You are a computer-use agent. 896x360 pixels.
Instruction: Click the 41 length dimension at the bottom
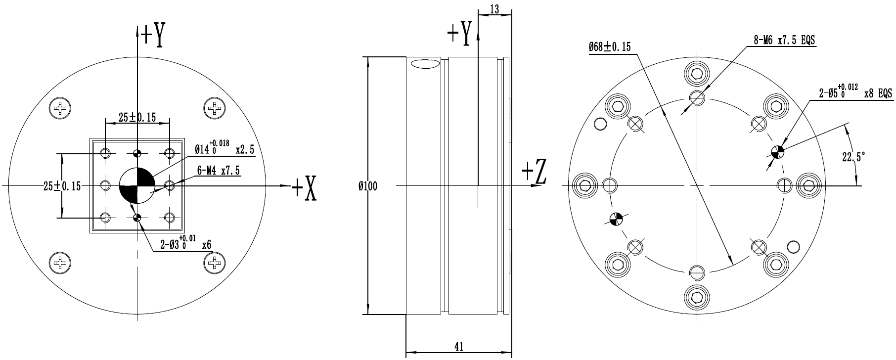[x=458, y=347]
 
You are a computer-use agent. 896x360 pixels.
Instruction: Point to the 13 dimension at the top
[x=494, y=8]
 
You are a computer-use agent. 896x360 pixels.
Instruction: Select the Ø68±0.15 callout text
[x=610, y=47]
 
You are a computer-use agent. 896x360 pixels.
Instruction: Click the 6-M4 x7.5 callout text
[x=219, y=171]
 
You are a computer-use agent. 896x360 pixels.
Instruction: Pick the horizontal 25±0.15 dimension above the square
[x=137, y=117]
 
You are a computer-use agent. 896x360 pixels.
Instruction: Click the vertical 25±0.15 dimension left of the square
[x=62, y=186]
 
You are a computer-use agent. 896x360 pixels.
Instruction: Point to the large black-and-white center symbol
[x=137, y=185]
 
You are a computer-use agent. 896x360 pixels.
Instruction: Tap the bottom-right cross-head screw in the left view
[x=215, y=262]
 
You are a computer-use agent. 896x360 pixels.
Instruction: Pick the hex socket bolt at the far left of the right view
[x=585, y=185]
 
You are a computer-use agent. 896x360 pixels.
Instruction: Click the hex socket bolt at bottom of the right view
[x=697, y=297]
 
